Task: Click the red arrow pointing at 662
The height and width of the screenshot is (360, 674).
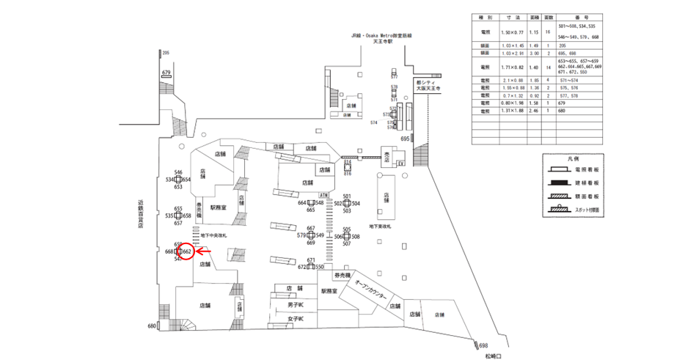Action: click(x=205, y=251)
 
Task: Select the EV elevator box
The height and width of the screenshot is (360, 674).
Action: click(x=401, y=163)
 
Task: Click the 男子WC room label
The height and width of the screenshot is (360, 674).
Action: click(x=296, y=304)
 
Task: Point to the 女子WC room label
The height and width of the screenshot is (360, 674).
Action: click(x=296, y=319)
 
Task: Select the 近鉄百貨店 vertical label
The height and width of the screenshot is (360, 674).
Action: click(x=139, y=213)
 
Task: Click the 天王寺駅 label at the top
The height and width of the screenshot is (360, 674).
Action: click(x=381, y=42)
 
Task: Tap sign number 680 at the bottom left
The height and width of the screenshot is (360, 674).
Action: click(x=152, y=326)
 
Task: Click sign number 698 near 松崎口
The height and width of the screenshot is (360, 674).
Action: click(x=483, y=345)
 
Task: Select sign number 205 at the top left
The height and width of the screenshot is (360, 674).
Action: click(x=166, y=53)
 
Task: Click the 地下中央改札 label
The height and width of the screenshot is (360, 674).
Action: click(x=214, y=235)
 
